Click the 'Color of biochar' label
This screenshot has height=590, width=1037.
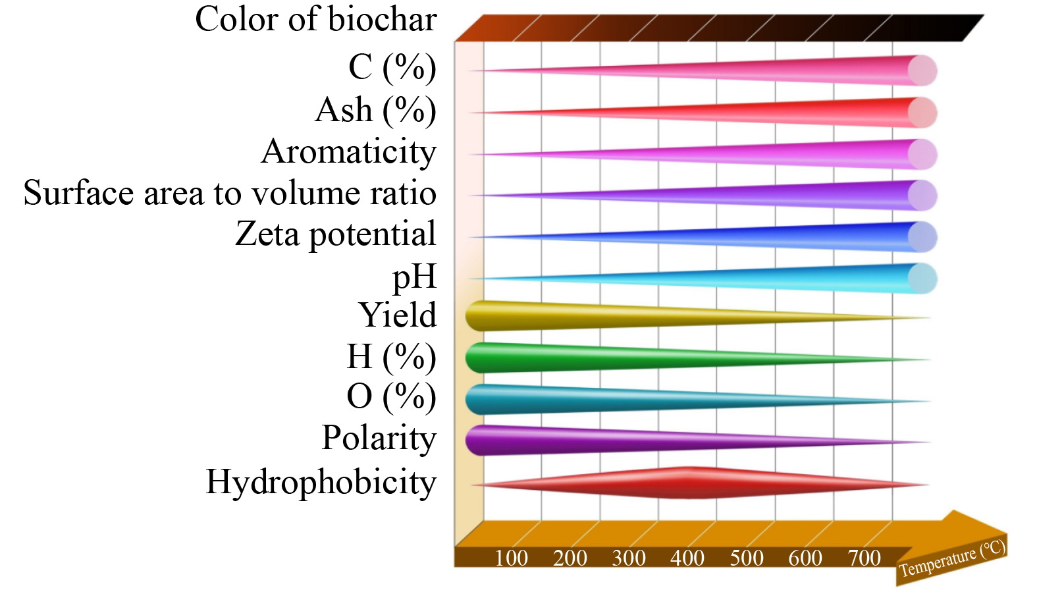click(315, 20)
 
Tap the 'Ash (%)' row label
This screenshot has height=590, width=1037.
click(375, 111)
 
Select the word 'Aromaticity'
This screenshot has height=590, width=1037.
click(348, 152)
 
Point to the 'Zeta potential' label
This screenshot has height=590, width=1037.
click(335, 234)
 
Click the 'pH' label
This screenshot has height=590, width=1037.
click(414, 277)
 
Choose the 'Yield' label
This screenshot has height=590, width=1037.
click(397, 315)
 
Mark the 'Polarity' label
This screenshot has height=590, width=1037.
click(379, 438)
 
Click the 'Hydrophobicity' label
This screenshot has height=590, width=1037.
click(321, 482)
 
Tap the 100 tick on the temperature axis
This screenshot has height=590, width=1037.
click(511, 558)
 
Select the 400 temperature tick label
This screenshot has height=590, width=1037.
click(687, 558)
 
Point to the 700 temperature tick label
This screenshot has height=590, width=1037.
click(864, 558)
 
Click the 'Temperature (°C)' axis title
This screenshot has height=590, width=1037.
click(952, 558)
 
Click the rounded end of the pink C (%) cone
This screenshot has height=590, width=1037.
click(922, 70)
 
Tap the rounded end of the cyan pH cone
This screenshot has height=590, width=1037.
click(922, 279)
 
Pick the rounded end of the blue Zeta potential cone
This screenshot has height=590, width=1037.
click(922, 237)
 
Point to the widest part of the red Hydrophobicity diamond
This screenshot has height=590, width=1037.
click(688, 483)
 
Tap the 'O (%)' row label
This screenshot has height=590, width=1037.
click(391, 397)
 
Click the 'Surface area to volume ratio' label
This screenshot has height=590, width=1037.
click(230, 194)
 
